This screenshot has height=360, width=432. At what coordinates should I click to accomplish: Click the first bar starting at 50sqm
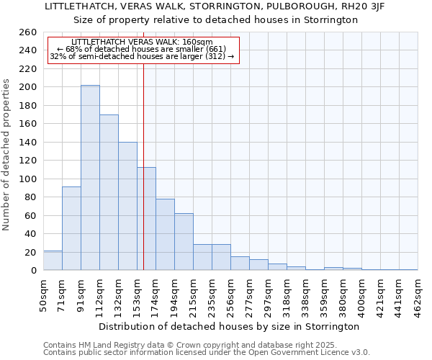pos(53,261)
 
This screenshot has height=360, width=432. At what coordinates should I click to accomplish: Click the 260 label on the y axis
pos(28,32)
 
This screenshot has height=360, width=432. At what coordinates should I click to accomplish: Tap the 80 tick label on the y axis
pos(31,197)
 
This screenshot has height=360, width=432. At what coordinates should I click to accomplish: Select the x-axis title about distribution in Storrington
pos(230,326)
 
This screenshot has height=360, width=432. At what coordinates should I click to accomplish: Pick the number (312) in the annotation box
pos(215,56)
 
